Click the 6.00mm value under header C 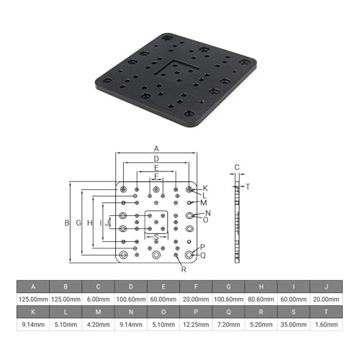[98, 300]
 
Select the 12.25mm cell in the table [196, 325]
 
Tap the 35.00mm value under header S [294, 325]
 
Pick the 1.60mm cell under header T [326, 325]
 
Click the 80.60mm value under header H [261, 300]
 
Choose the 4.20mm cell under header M [98, 325]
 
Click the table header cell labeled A [33, 287]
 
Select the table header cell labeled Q [228, 312]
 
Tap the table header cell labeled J [326, 287]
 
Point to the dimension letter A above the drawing [156, 149]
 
